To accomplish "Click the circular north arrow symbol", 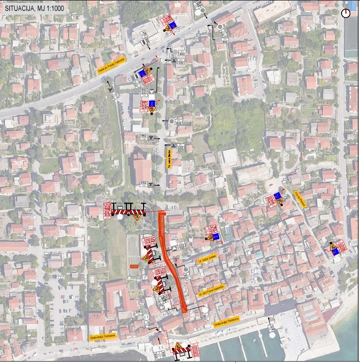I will click(x=346, y=13).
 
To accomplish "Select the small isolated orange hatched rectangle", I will click(x=134, y=266).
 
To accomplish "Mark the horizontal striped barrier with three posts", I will click(x=129, y=211).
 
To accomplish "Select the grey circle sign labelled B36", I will click(x=171, y=121).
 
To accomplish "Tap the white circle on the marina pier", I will click(x=273, y=335).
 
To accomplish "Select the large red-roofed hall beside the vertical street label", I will click(x=143, y=168).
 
